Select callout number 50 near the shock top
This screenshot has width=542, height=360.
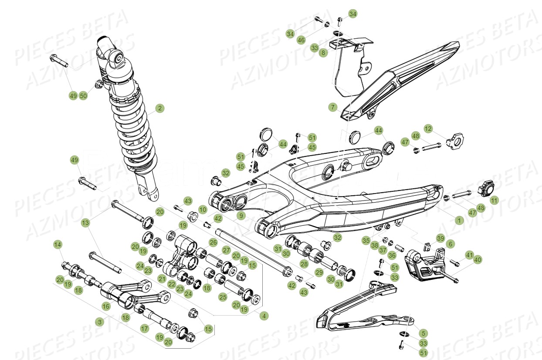tap(83, 95)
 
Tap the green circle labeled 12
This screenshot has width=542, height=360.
tap(428, 129)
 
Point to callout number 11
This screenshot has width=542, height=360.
tap(494, 200)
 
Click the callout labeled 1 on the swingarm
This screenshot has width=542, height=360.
tap(459, 221)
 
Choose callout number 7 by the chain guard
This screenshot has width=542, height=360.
tap(345, 107)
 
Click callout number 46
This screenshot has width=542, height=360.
tap(301, 40)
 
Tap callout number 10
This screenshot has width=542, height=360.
tap(203, 210)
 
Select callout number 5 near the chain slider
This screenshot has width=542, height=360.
tap(423, 333)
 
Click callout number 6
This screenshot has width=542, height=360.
tap(451, 245)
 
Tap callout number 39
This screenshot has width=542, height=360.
tap(440, 238)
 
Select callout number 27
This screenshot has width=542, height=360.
tap(226, 250)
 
